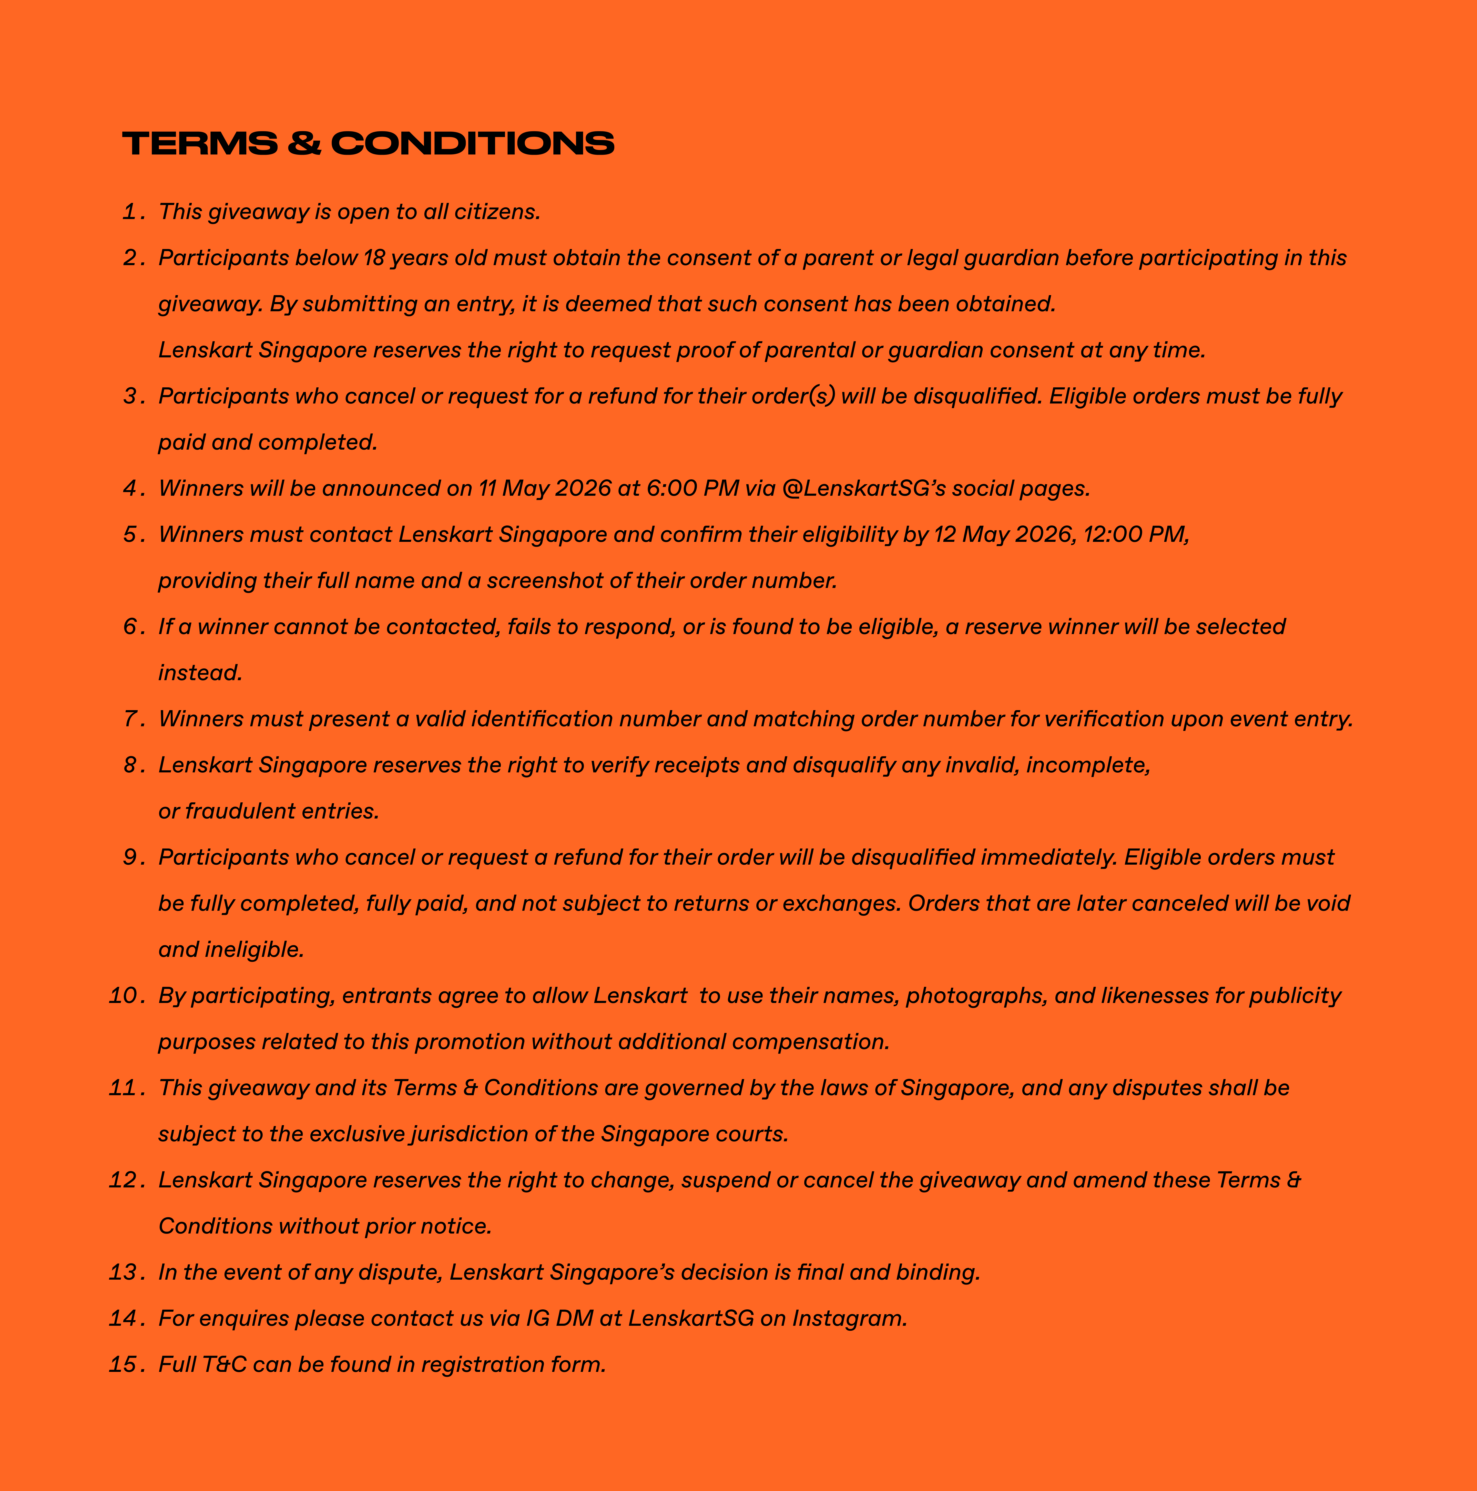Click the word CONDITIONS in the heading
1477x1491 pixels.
coord(473,143)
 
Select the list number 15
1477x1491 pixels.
coord(122,1364)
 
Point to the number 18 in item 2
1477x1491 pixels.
coord(374,258)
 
